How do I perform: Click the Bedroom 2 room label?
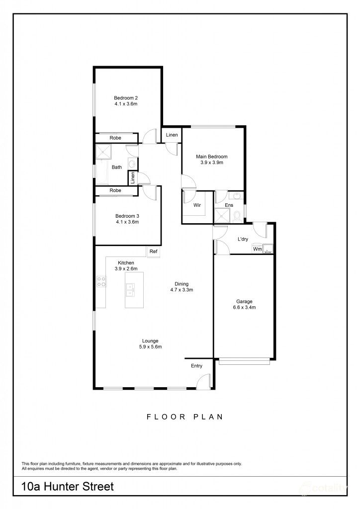click(126, 98)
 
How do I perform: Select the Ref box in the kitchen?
click(153, 252)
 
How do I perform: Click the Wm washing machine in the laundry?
click(257, 249)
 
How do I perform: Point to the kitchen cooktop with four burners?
click(101, 282)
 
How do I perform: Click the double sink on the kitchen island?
click(130, 289)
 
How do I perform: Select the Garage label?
click(244, 301)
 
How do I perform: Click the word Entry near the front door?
click(197, 366)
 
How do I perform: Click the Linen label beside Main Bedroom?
click(172, 135)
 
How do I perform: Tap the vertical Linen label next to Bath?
click(133, 177)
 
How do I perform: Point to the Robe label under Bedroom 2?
click(115, 138)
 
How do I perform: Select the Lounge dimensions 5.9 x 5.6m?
click(149, 347)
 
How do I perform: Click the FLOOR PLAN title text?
click(184, 417)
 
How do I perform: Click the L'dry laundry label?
click(243, 239)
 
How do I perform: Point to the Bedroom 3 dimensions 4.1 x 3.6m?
click(127, 222)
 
